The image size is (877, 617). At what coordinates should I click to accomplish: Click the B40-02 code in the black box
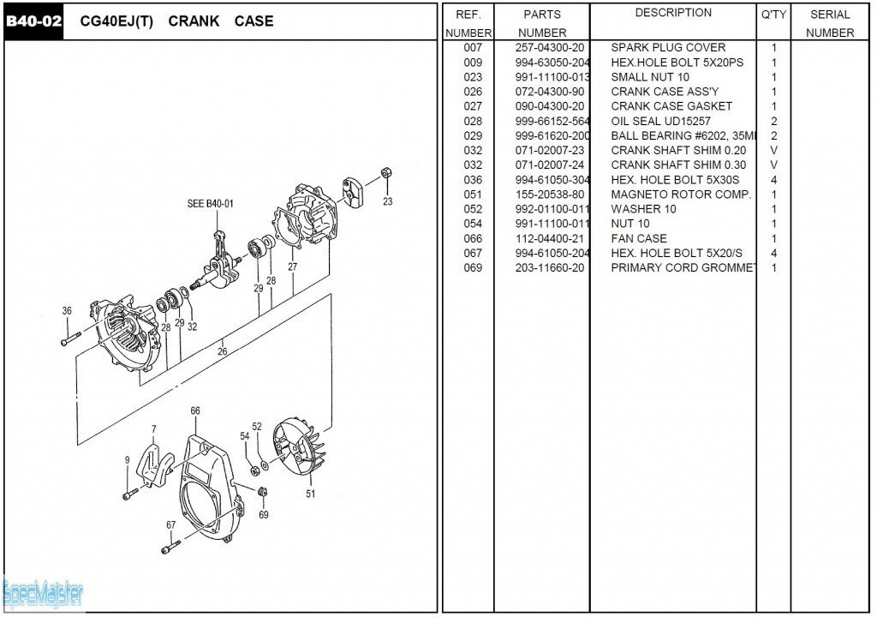(34, 21)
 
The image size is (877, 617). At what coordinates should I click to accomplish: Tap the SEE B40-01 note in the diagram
(210, 204)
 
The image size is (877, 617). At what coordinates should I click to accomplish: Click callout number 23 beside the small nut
(387, 202)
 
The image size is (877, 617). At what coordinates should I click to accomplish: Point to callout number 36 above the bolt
(67, 311)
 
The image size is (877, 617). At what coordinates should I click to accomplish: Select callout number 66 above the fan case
(195, 411)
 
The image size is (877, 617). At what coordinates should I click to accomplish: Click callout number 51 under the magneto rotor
(310, 494)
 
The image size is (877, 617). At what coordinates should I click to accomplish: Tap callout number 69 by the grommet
(263, 515)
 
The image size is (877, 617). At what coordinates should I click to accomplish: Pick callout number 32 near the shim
(192, 326)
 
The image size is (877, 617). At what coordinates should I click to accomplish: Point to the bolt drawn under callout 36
(70, 340)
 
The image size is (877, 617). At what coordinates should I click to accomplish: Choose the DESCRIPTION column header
(673, 13)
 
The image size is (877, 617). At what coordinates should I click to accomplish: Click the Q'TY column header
(773, 15)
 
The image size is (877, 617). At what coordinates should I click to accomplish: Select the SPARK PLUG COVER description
(668, 48)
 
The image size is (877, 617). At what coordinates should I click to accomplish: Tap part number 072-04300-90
(550, 92)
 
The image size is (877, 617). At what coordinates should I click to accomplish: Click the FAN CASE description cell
(639, 238)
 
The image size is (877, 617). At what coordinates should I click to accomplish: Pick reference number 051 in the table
(473, 195)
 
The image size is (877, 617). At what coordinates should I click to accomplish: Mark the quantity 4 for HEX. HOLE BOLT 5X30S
(774, 180)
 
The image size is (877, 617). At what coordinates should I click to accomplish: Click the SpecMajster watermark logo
(43, 593)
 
